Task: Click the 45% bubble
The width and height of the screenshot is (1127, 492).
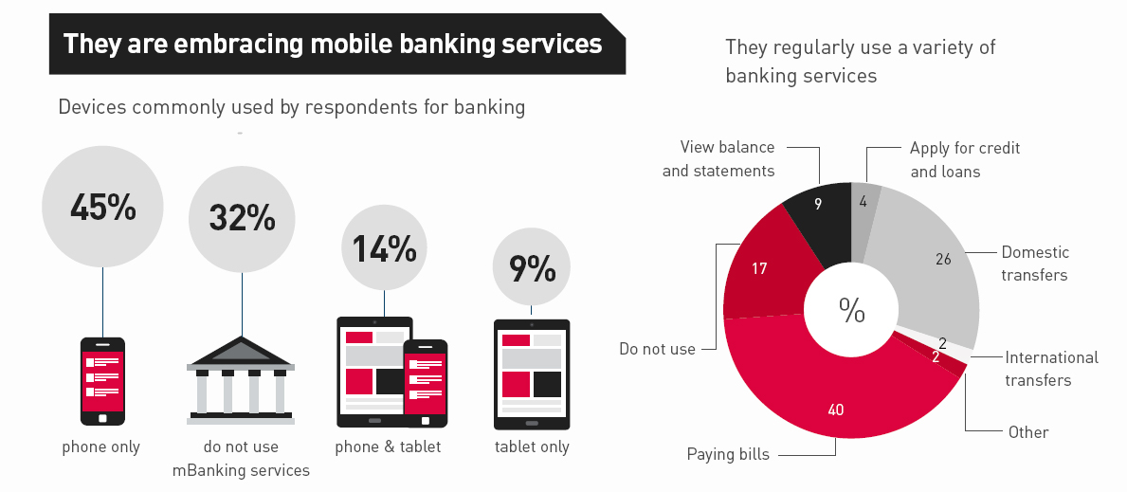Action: pos(102,207)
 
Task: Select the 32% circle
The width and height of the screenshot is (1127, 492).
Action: pos(242,218)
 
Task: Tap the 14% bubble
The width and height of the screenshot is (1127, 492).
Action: pos(384,248)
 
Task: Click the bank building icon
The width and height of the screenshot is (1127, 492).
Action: pos(241,380)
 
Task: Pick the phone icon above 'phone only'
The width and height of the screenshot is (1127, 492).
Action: pos(102,380)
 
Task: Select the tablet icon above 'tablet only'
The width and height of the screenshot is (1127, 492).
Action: pos(532,374)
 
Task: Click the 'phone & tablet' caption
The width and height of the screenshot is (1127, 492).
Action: pos(388,446)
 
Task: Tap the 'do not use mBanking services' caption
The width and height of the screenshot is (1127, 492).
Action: pos(241,458)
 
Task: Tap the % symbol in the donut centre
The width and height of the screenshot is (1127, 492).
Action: pos(851,310)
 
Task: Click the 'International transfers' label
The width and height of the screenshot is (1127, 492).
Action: pos(1051,369)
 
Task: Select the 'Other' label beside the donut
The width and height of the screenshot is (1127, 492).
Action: pos(1028,432)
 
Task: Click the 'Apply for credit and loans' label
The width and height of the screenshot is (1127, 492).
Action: pos(965,159)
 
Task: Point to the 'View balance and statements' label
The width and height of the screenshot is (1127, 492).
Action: pos(718,158)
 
